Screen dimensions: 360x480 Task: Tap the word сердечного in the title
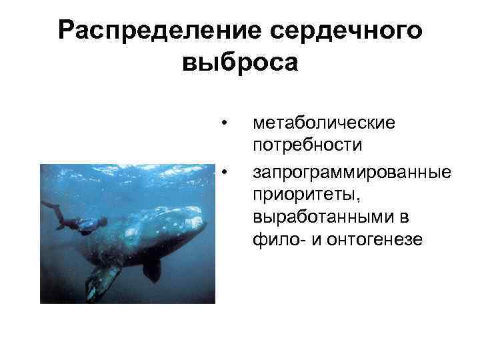[346, 31]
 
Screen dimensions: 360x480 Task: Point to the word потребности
[307, 144]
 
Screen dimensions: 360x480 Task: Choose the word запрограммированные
[352, 173]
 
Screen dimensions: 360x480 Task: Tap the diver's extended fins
[51, 206]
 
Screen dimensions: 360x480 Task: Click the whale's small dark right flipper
[152, 269]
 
